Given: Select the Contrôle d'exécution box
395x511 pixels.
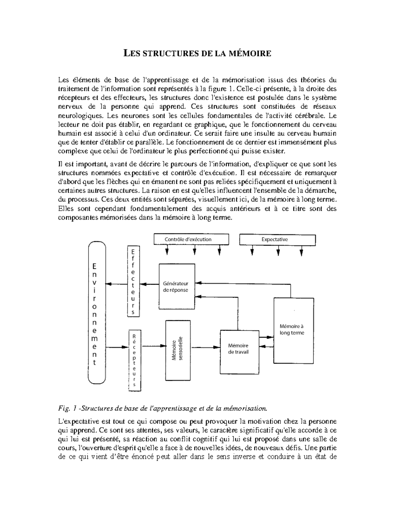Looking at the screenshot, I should tap(191, 240).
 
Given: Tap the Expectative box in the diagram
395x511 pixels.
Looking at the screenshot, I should tap(277, 240).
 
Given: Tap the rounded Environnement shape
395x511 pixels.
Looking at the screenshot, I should tap(97, 313).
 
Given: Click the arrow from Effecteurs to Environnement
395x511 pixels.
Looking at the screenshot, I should tap(117, 284).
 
